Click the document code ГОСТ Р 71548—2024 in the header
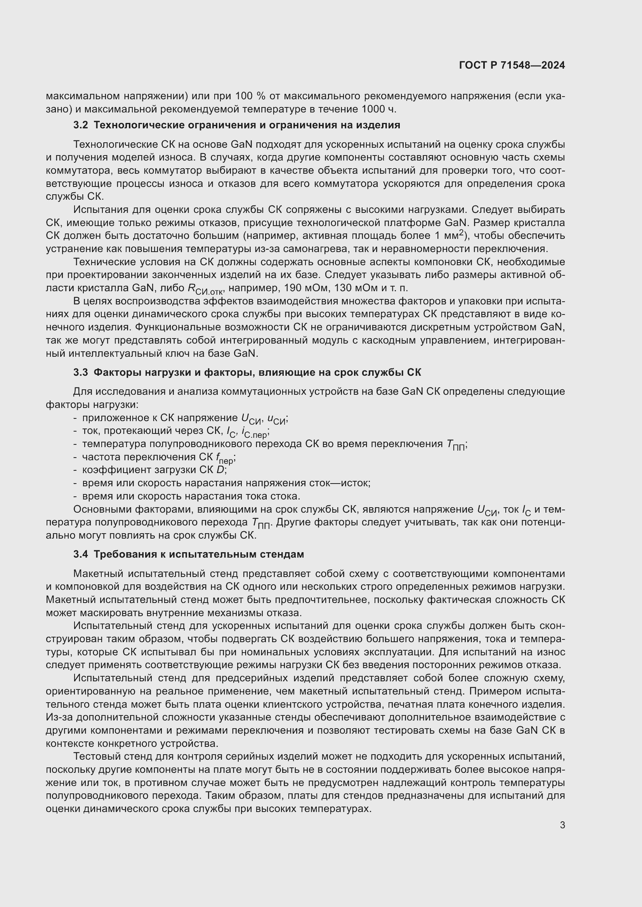(512, 66)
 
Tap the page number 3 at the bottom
(562, 825)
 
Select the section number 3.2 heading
(81, 125)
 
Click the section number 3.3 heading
(81, 373)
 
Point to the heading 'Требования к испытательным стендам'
(198, 554)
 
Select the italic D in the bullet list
(220, 470)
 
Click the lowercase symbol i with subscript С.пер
(254, 432)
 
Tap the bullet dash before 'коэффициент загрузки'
(75, 470)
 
